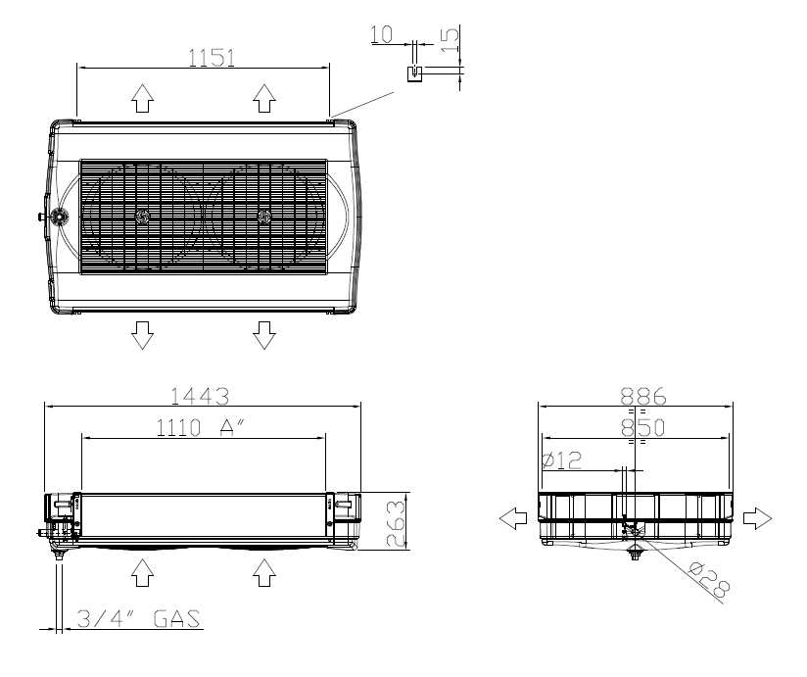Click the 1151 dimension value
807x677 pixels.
click(x=212, y=58)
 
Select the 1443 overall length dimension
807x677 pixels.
click(x=200, y=397)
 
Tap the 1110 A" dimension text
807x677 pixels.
click(x=200, y=427)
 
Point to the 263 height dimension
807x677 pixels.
click(x=396, y=523)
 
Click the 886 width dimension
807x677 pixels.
click(x=642, y=397)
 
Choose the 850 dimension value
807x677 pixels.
click(x=642, y=428)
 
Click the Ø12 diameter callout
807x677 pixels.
click(x=562, y=459)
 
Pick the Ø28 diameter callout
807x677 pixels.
click(x=710, y=578)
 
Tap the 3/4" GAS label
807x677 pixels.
click(x=138, y=618)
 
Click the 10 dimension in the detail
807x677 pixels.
click(x=381, y=34)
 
